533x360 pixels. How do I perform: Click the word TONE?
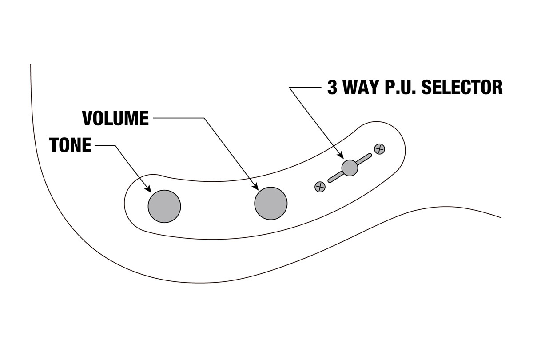tap(71, 145)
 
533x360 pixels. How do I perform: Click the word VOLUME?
tap(115, 118)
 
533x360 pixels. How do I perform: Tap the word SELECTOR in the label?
tap(461, 88)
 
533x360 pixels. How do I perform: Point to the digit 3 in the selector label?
tap(332, 88)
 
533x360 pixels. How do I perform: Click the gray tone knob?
tap(164, 206)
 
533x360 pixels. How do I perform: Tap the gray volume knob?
tap(270, 203)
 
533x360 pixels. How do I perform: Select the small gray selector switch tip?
tap(350, 168)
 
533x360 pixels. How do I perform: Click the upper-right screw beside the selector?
tap(379, 149)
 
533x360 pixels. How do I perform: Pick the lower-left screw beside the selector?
tap(320, 187)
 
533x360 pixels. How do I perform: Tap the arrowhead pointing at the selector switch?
tap(342, 156)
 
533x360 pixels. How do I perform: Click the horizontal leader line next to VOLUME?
tap(178, 118)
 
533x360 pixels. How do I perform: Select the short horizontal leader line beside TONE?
tap(104, 145)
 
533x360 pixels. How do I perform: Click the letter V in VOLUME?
tap(88, 118)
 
